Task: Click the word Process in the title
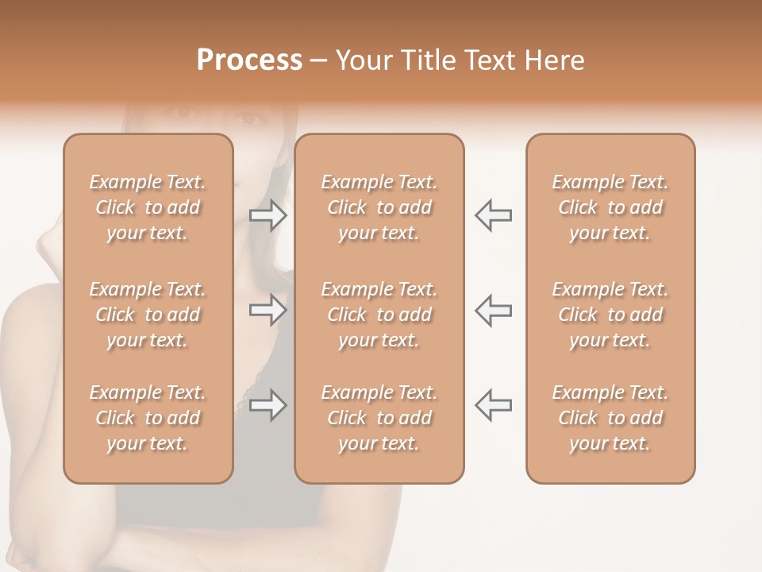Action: coord(249,60)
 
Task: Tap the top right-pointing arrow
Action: coord(268,215)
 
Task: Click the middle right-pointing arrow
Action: coord(268,310)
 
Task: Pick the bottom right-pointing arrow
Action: coord(268,405)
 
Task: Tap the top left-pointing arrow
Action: coord(493,215)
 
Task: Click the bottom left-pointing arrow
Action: coord(493,405)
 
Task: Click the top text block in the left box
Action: coord(148,207)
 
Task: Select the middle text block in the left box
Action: coord(148,315)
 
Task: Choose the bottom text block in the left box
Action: coord(148,418)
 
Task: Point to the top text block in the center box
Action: coord(379,207)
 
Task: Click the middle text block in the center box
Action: coord(379,315)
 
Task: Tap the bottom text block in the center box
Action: coord(379,418)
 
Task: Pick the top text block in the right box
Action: coord(610,207)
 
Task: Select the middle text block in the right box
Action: coord(610,315)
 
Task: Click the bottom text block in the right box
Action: coord(610,418)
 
